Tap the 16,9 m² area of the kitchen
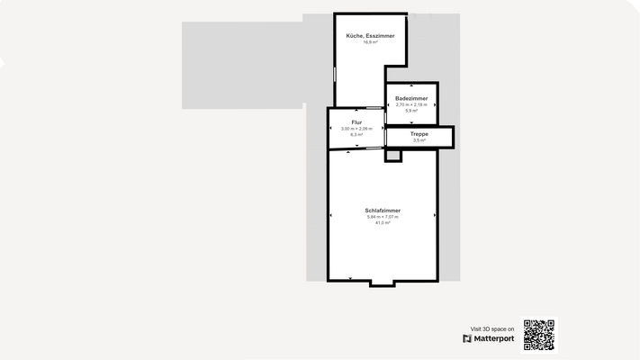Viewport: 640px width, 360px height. coord(370,42)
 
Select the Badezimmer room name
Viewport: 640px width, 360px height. coord(411,97)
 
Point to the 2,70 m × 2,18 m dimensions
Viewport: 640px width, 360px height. coord(411,103)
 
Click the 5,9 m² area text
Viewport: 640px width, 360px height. coord(411,110)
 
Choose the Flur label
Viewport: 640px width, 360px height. coord(356,121)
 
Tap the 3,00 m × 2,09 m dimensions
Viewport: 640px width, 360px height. coord(356,128)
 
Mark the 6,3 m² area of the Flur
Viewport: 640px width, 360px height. coord(356,134)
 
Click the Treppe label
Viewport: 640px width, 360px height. coord(419,134)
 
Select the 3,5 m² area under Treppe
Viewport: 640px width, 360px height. coord(419,140)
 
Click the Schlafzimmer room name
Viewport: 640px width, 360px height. coord(383,211)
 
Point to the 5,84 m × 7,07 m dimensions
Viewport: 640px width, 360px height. coord(383,217)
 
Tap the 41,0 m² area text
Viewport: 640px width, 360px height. coord(383,222)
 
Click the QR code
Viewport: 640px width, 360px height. coord(538,335)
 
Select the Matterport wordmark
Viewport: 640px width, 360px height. coord(494,339)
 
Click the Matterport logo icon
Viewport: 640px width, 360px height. coord(467,339)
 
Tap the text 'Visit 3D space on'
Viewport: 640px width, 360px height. coord(492,329)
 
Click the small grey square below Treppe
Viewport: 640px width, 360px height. coord(392,156)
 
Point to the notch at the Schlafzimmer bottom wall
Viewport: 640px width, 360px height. coord(382,283)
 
